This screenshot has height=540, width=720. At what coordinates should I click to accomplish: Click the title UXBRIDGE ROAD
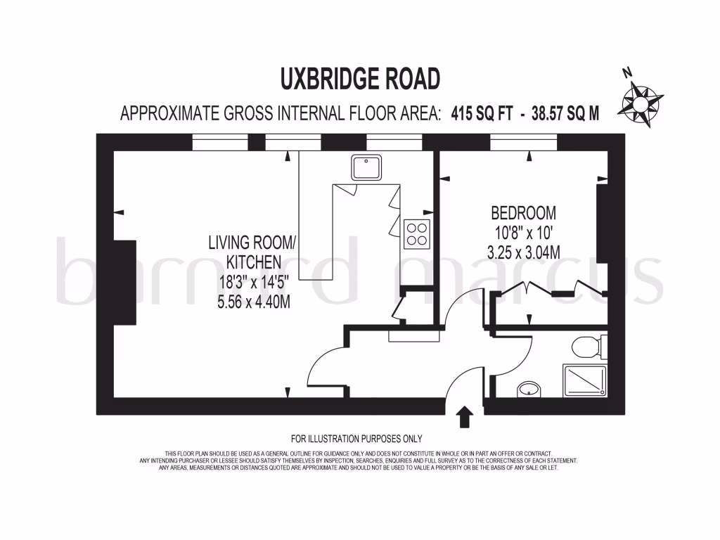click(360, 78)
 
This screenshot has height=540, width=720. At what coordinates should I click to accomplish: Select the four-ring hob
click(417, 233)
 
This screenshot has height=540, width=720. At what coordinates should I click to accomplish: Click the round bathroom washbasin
click(527, 388)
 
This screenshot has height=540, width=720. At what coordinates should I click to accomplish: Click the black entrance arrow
click(464, 416)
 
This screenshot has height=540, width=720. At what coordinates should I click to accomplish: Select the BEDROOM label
click(523, 212)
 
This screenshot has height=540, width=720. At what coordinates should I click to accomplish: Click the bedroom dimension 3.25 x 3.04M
click(523, 252)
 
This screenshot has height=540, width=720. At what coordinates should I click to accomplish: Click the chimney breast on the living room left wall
click(124, 282)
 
